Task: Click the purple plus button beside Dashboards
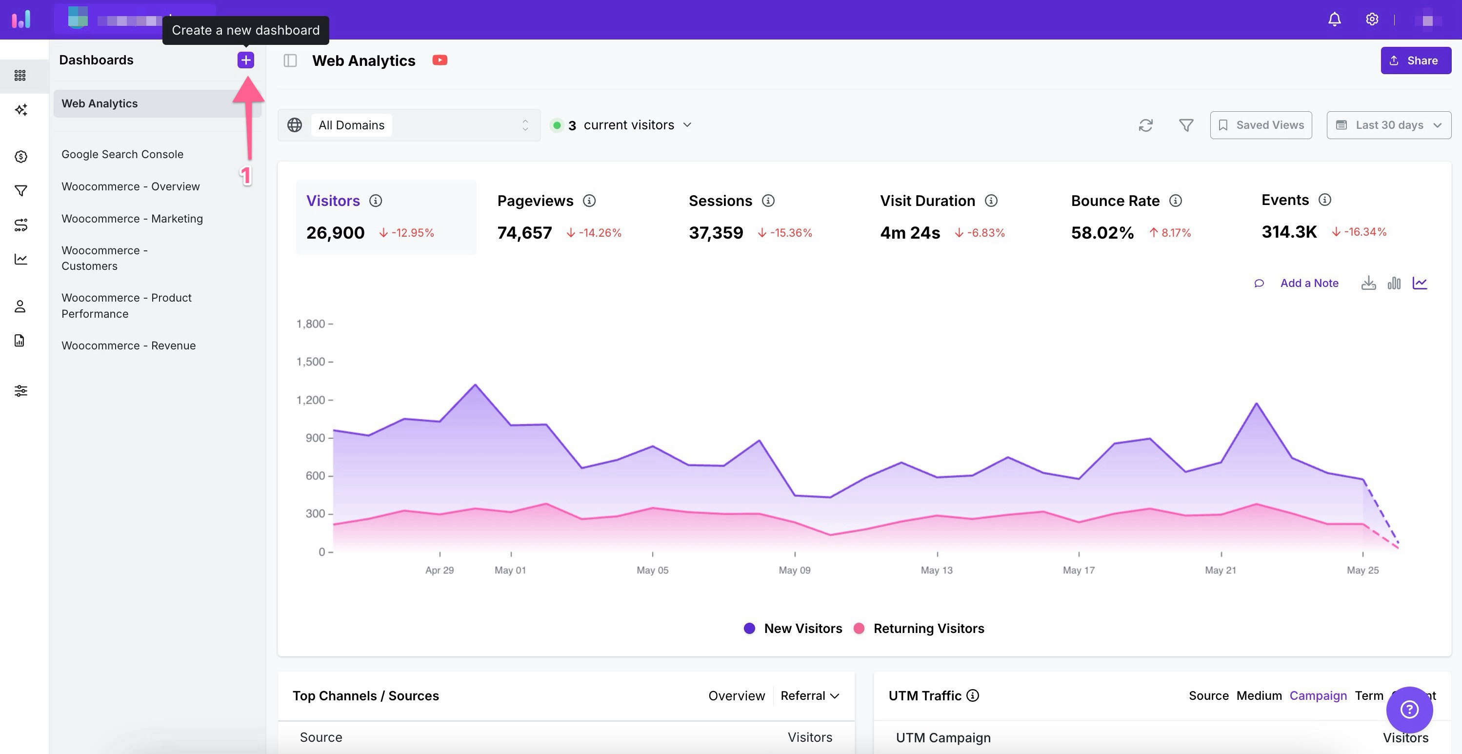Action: (245, 60)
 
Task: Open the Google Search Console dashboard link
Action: (122, 154)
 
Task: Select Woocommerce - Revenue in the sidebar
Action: (128, 346)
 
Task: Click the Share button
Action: (1416, 61)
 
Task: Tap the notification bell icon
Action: (1334, 20)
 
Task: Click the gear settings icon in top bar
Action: (1372, 20)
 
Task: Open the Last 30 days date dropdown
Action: (1388, 125)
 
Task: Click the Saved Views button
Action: (1261, 125)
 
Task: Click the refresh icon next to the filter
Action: (1145, 125)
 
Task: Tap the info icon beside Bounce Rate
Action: (1175, 201)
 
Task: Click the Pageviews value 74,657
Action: (524, 233)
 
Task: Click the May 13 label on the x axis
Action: (937, 570)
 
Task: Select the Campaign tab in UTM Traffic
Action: (1317, 695)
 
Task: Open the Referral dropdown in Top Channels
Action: (809, 695)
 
